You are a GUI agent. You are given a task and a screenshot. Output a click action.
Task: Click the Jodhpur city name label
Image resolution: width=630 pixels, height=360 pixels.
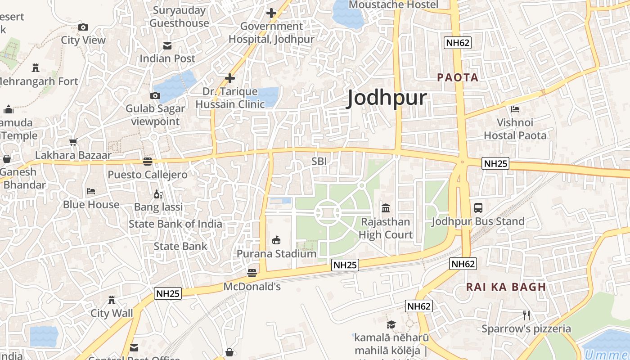pyautogui.click(x=387, y=98)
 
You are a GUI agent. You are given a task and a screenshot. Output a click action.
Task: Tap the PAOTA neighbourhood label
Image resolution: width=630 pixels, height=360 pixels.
pyautogui.click(x=458, y=77)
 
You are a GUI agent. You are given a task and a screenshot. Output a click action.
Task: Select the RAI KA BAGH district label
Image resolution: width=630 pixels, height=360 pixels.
pyautogui.click(x=506, y=287)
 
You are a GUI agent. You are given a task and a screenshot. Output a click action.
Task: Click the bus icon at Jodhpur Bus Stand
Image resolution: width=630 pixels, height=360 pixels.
pyautogui.click(x=478, y=208)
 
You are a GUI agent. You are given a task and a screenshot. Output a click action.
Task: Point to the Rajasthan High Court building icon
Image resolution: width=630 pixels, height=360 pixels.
pyautogui.click(x=386, y=208)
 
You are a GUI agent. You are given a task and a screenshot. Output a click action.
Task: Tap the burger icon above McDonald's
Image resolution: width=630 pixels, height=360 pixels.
pyautogui.click(x=252, y=273)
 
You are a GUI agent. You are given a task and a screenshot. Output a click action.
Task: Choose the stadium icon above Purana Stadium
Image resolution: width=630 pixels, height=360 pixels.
pyautogui.click(x=276, y=240)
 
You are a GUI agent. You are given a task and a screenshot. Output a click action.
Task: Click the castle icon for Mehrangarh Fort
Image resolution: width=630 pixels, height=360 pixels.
pyautogui.click(x=36, y=68)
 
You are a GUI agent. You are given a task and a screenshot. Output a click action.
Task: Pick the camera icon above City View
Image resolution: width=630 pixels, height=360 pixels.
pyautogui.click(x=83, y=27)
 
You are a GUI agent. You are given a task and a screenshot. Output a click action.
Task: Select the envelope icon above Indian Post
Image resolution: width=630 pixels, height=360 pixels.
pyautogui.click(x=167, y=45)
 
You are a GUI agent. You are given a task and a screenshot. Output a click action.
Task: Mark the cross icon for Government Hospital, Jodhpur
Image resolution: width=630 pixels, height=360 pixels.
pyautogui.click(x=271, y=13)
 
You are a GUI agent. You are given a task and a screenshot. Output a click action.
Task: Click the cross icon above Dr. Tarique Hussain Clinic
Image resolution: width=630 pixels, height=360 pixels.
pyautogui.click(x=230, y=79)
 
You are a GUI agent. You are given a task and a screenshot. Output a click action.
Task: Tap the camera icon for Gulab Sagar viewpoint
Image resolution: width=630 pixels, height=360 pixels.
pyautogui.click(x=155, y=95)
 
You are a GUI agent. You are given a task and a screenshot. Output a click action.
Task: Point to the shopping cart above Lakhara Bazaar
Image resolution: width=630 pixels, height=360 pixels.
pyautogui.click(x=73, y=142)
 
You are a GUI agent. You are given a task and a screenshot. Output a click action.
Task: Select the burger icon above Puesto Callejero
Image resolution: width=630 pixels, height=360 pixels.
pyautogui.click(x=148, y=161)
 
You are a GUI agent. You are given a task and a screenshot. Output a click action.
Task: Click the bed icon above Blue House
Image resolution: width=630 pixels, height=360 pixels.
pyautogui.click(x=91, y=191)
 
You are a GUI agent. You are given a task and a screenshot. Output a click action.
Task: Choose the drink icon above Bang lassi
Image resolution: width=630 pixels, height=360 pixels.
pyautogui.click(x=158, y=194)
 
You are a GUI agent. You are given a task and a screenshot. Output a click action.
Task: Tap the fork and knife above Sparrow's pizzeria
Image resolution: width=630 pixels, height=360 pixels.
pyautogui.click(x=526, y=315)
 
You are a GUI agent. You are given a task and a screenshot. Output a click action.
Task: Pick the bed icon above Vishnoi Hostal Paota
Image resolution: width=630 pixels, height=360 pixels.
pyautogui.click(x=515, y=109)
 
